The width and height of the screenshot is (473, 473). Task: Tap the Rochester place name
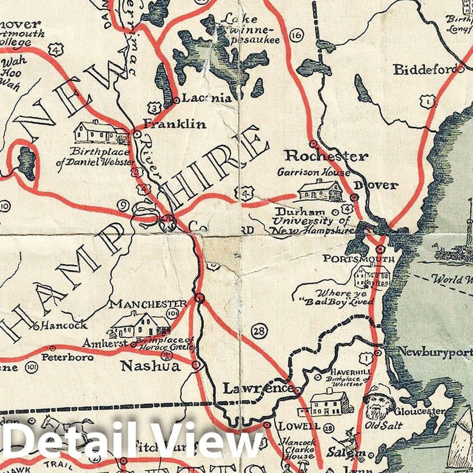point(327,156)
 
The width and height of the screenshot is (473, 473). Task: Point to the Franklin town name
point(175,124)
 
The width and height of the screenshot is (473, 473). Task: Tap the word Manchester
point(148,304)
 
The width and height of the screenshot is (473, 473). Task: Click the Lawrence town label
point(258,389)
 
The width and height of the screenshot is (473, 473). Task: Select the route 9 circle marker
point(123,206)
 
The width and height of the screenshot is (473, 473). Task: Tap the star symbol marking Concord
point(168,222)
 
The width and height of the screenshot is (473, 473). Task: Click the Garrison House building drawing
point(320,191)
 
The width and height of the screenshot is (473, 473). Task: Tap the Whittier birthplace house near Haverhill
point(331,403)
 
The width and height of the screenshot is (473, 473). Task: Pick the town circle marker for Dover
point(354,197)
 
